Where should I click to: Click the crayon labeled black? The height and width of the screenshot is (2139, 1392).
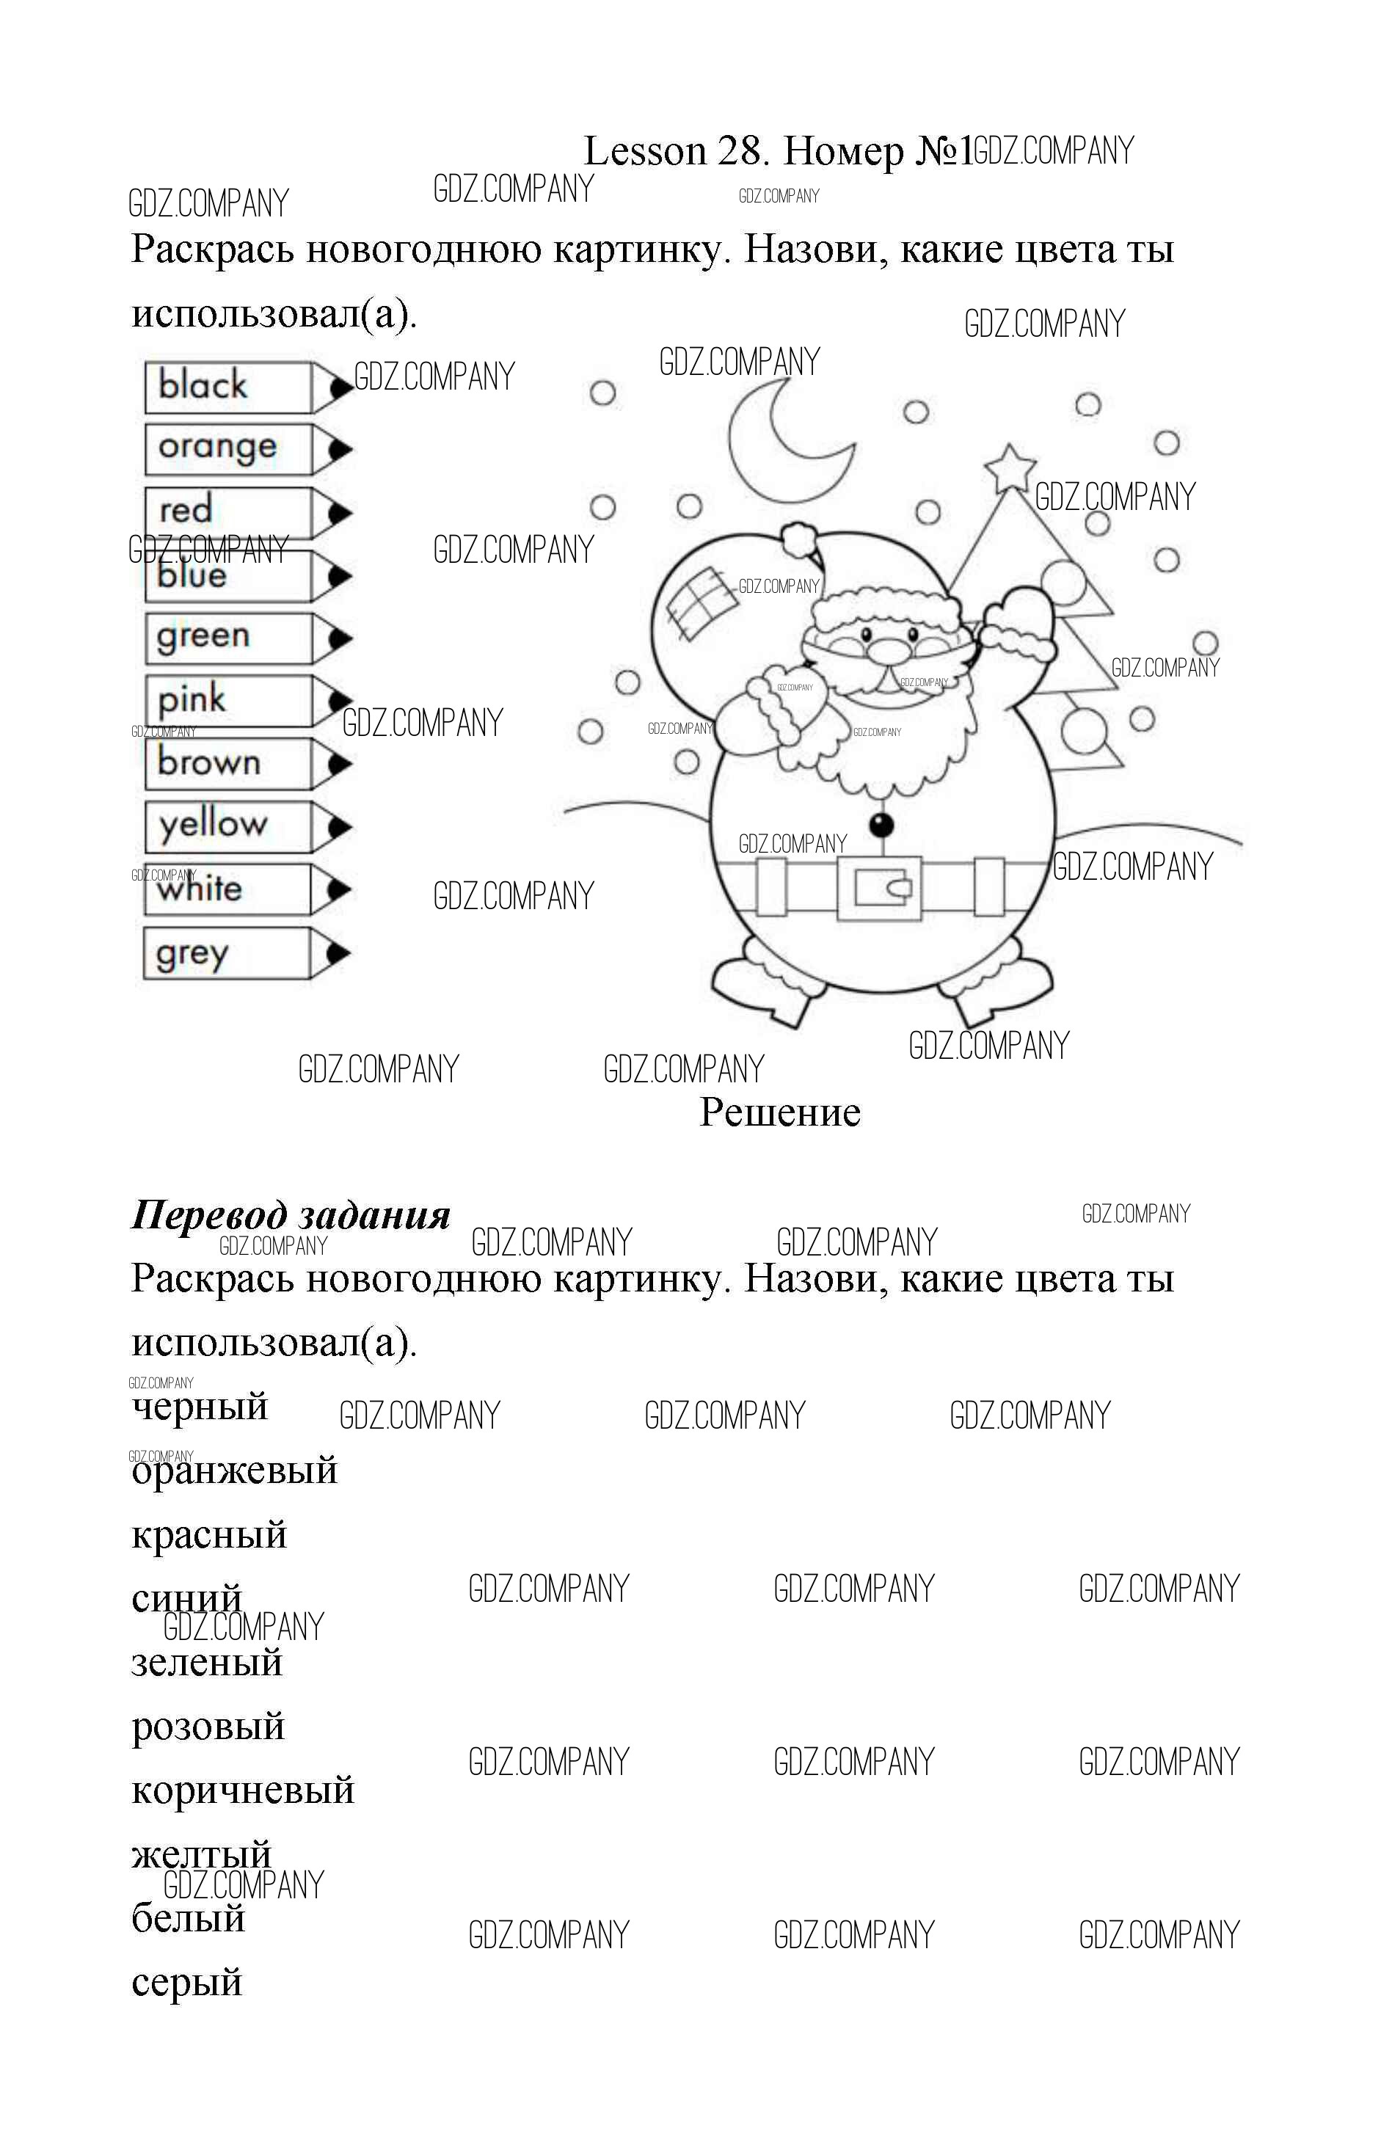click(243, 387)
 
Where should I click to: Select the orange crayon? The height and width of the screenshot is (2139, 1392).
click(243, 448)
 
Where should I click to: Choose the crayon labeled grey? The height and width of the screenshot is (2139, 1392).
click(243, 952)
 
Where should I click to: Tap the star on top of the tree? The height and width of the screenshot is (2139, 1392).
click(1010, 467)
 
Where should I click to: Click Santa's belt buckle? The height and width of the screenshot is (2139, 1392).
click(880, 888)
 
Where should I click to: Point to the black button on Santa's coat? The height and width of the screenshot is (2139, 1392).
click(881, 824)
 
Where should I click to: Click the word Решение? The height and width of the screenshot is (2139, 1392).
click(779, 1112)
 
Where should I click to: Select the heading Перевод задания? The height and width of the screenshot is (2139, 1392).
click(291, 1215)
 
